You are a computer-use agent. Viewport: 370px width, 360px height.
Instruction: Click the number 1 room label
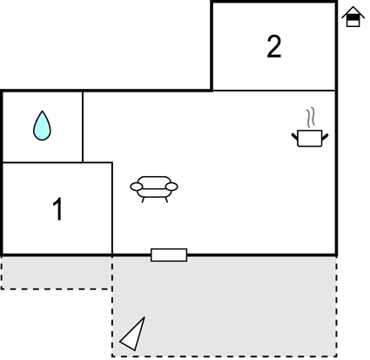[57, 209]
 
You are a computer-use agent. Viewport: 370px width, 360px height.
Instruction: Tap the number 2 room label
[273, 46]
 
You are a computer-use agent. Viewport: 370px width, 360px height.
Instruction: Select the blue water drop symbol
[42, 126]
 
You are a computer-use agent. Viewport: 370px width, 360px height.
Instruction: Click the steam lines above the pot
[311, 118]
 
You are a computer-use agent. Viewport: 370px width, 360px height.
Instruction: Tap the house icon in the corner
[353, 17]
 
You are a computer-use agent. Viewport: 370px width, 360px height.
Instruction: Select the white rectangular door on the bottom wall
[169, 255]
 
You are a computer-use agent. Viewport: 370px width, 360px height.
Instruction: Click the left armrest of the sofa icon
[137, 187]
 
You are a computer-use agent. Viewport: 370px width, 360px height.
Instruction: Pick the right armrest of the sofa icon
[172, 187]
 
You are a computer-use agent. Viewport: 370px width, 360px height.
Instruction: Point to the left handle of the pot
[295, 137]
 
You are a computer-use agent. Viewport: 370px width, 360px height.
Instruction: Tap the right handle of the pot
[325, 137]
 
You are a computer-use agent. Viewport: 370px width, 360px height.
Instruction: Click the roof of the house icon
[353, 10]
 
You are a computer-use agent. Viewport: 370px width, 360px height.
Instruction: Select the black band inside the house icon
[353, 17]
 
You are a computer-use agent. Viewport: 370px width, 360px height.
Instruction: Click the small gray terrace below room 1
[57, 273]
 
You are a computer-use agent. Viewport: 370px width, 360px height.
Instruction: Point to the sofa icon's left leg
[143, 200]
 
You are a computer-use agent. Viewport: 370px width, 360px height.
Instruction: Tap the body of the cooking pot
[310, 139]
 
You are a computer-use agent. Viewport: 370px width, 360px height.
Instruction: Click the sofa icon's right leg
[166, 200]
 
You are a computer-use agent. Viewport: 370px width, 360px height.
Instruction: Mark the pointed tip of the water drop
[43, 111]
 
